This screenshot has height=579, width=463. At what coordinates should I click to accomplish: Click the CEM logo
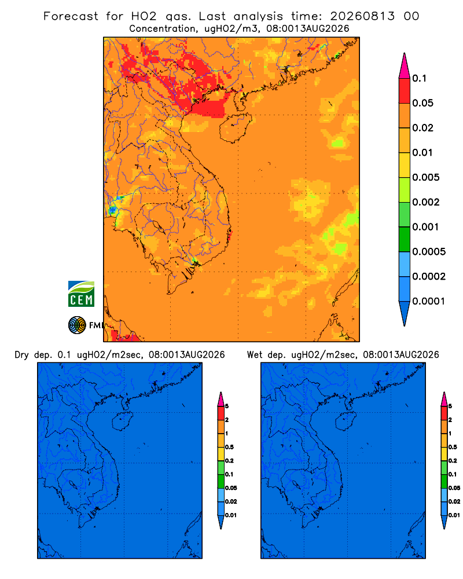click(81, 294)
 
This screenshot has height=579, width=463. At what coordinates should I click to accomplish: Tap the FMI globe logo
click(77, 325)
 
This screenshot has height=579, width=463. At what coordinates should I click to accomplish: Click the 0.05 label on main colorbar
click(422, 103)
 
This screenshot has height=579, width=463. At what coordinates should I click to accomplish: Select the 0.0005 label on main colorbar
click(429, 251)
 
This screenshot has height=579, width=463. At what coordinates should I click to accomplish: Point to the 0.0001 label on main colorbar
click(429, 301)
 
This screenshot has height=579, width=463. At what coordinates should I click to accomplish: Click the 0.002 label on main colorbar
click(426, 202)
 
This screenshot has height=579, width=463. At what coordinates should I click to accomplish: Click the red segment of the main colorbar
click(405, 90)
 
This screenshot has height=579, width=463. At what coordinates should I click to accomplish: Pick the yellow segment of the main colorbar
click(405, 164)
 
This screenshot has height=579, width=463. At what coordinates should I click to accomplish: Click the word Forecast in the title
click(71, 16)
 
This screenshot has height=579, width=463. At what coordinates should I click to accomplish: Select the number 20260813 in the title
click(362, 16)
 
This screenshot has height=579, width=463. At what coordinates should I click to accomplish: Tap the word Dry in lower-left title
click(21, 355)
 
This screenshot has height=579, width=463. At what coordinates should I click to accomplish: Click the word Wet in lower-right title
click(254, 355)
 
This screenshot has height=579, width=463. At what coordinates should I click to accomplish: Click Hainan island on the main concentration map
click(235, 128)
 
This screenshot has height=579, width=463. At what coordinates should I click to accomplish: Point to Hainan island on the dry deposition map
click(122, 422)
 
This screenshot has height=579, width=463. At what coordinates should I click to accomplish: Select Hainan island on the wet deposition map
click(346, 422)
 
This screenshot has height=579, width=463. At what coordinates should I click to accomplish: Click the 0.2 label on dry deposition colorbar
click(229, 460)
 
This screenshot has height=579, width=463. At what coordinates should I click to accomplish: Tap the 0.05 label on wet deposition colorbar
click(454, 488)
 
